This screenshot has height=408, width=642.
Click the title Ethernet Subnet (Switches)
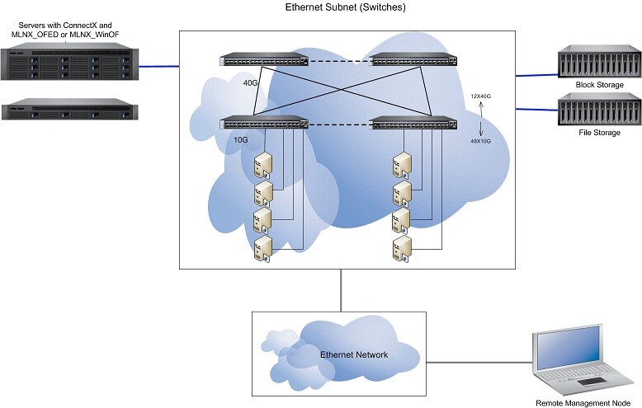[345, 7]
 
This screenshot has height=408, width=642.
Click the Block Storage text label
[599, 85]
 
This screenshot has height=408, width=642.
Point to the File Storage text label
[599, 132]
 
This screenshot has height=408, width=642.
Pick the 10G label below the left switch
[242, 141]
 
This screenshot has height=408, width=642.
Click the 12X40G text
[479, 97]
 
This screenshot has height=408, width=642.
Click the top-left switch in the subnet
[263, 60]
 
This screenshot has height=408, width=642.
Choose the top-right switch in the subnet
[414, 60]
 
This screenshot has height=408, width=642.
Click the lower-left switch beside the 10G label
[264, 124]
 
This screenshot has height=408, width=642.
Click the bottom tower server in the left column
[262, 249]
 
